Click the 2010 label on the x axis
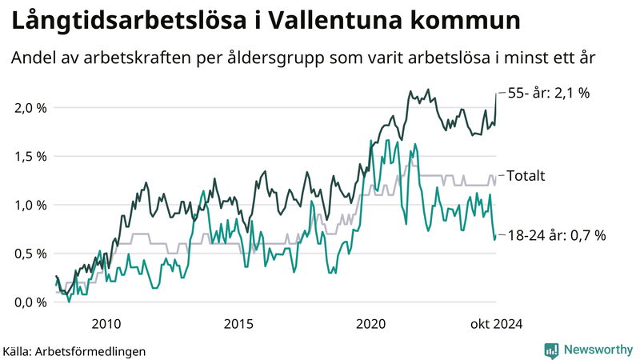tap(106, 324)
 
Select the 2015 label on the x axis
tap(238, 324)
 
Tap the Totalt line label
tap(526, 175)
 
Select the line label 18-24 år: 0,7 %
tap(558, 235)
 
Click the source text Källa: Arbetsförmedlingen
tap(74, 350)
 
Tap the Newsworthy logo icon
tap(551, 350)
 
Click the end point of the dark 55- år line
tap(496, 94)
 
